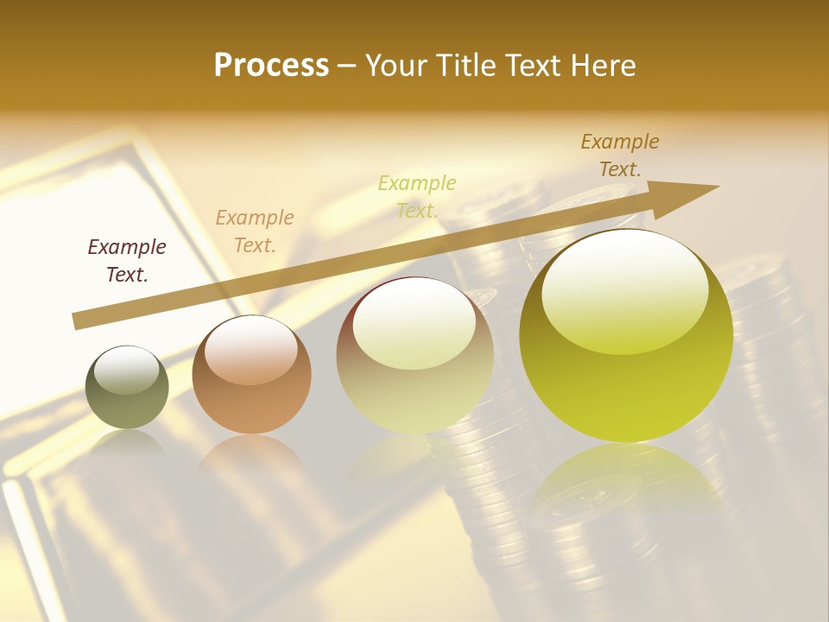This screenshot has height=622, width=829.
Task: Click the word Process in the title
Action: (x=271, y=66)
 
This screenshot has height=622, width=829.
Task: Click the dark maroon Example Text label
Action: (x=127, y=261)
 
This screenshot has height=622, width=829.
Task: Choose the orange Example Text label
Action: (x=255, y=232)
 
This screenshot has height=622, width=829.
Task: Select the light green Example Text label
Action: (x=417, y=197)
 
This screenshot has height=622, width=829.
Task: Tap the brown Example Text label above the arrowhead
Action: (x=620, y=155)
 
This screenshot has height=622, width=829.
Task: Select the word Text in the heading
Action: (x=529, y=66)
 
